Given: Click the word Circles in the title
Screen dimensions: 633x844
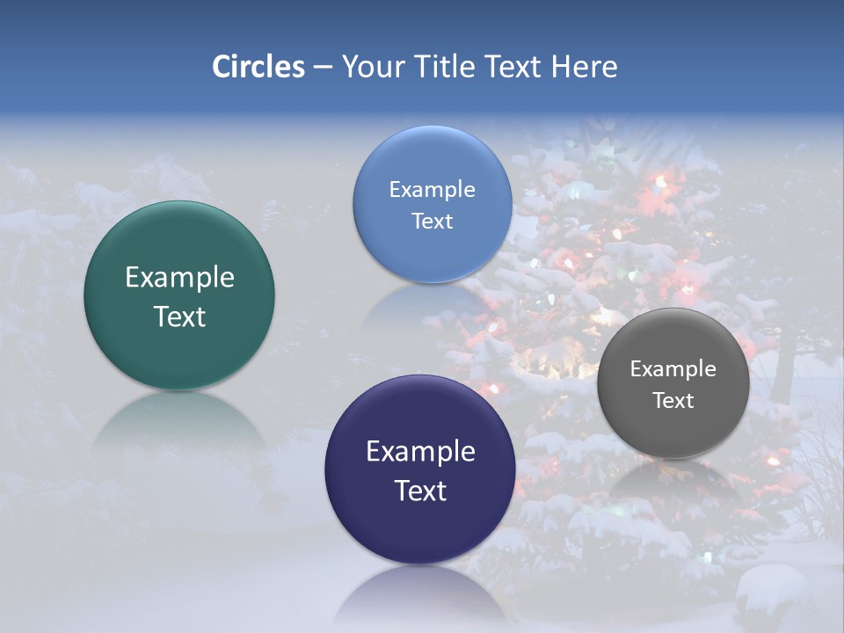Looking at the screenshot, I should [x=258, y=67].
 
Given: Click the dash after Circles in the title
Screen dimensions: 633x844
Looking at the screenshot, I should [x=323, y=68].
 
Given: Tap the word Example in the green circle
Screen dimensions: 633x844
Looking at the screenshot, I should [x=179, y=278].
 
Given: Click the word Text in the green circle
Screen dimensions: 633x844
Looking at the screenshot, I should [x=179, y=316].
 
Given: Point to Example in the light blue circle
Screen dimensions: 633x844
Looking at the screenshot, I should [x=433, y=190].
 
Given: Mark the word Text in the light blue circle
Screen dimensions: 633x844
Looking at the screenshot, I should [x=433, y=222].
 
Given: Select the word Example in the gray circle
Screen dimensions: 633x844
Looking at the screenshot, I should [x=673, y=369].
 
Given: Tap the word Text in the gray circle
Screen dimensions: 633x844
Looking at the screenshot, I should [x=673, y=401].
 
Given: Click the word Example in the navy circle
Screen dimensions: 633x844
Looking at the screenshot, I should [x=420, y=452].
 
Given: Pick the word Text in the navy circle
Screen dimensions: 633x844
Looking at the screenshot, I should [x=420, y=491].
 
